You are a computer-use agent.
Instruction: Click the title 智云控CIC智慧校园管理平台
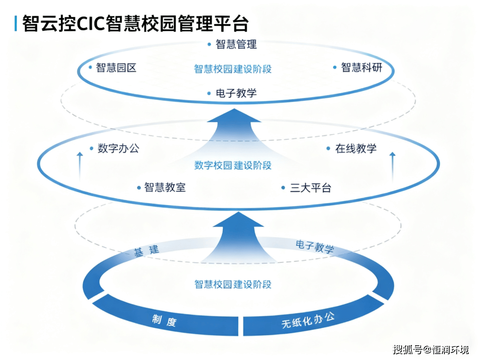pyautogui.click(x=135, y=23)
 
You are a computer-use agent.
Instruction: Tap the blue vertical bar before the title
pyautogui.click(x=16, y=23)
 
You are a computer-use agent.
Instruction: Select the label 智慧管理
pyautogui.click(x=236, y=44)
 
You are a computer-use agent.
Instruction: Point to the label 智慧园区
pyautogui.click(x=116, y=67)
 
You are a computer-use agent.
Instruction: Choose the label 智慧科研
pyautogui.click(x=361, y=67)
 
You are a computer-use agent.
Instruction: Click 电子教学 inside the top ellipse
pyautogui.click(x=236, y=93)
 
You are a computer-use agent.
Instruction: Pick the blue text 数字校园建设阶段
pyautogui.click(x=233, y=165)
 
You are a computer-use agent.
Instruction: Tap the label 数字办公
pyautogui.click(x=118, y=148)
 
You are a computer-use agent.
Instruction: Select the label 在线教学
pyautogui.click(x=355, y=148)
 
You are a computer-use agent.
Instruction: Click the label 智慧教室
pyautogui.click(x=165, y=187)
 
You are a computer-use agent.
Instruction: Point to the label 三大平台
pyautogui.click(x=310, y=187)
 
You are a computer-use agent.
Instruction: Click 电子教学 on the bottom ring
pyautogui.click(x=315, y=247)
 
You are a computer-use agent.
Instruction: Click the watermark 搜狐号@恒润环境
pyautogui.click(x=431, y=349)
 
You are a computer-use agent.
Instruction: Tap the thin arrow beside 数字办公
pyautogui.click(x=79, y=165)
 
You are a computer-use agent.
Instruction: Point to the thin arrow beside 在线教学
pyautogui.click(x=393, y=165)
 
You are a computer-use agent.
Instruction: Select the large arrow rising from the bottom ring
pyautogui.click(x=238, y=236)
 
